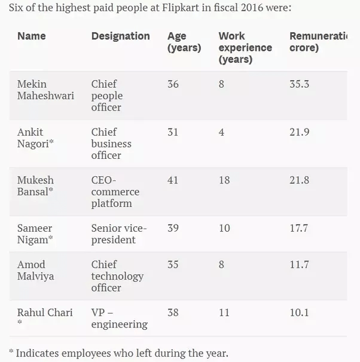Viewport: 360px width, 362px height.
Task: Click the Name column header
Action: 31,36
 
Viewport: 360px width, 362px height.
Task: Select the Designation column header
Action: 120,36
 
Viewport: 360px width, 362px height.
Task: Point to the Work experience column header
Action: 245,48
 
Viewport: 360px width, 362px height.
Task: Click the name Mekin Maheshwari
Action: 45,90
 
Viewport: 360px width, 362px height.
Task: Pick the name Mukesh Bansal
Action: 38,186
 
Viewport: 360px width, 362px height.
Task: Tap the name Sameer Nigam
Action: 37,234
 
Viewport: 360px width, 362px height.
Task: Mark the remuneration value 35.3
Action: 299,84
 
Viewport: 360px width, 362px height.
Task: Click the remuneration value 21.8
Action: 299,180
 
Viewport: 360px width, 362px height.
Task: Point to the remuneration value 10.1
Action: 299,312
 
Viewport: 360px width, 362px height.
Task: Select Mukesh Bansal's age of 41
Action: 173,180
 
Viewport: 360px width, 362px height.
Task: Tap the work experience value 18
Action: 224,180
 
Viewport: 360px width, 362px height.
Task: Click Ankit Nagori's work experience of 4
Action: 221,132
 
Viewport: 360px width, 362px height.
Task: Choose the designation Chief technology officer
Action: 117,276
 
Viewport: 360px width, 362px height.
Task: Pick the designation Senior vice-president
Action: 118,234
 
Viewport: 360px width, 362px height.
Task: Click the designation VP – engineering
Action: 119,318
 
